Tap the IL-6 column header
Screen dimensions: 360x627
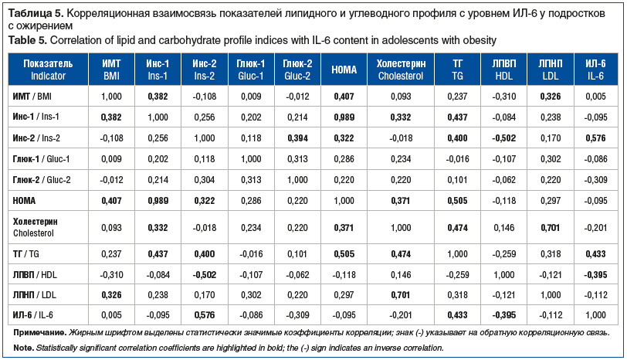[595, 70]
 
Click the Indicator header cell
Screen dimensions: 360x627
[49, 70]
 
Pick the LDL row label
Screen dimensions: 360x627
[38, 294]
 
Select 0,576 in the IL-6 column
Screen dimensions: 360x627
[595, 137]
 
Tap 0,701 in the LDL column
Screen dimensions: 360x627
[548, 226]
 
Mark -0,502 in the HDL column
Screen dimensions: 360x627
[503, 137]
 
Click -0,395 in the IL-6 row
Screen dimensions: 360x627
[503, 314]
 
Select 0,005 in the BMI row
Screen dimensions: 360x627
[595, 96]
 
